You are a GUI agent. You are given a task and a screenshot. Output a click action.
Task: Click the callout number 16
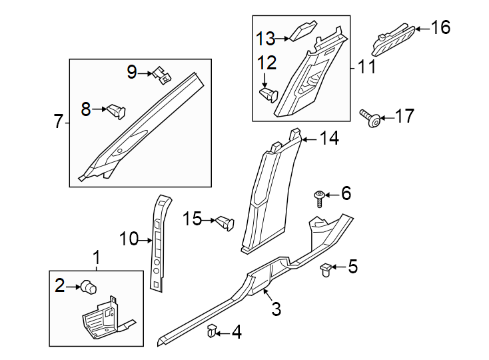(x=440, y=27)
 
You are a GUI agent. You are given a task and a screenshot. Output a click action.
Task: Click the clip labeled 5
(x=326, y=269)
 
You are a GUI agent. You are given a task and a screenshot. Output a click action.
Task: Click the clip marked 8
(x=115, y=109)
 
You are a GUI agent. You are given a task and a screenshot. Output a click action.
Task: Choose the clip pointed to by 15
(x=225, y=221)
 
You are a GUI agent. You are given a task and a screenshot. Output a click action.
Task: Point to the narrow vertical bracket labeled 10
(x=159, y=243)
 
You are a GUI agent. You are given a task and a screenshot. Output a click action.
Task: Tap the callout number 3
(x=276, y=309)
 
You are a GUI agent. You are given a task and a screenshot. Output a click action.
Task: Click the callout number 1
(x=97, y=257)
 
